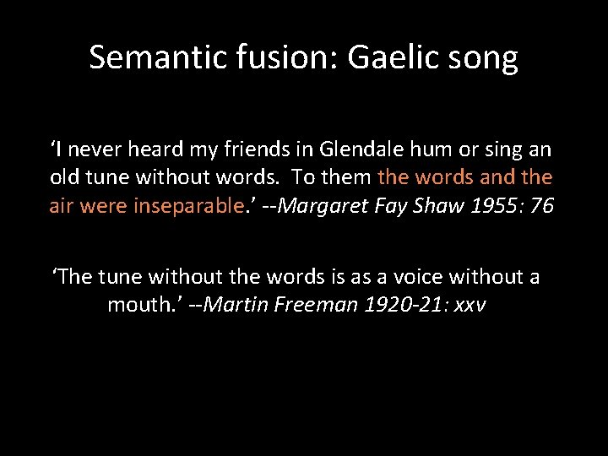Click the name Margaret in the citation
(x=321, y=206)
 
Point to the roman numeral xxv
(x=470, y=306)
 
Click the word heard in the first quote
(x=150, y=150)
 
